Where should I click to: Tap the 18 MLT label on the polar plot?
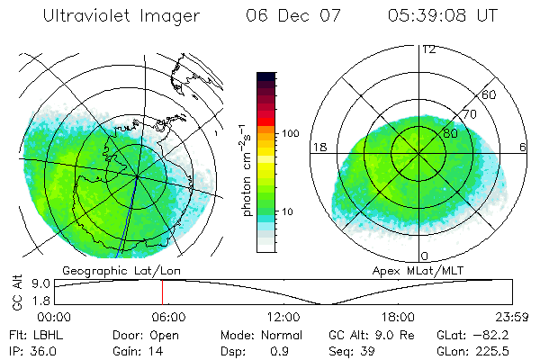(x=319, y=147)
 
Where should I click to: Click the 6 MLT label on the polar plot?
(x=524, y=147)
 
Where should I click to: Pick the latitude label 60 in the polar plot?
(x=490, y=94)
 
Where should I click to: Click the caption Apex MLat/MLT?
(x=421, y=270)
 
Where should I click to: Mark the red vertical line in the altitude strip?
(x=162, y=292)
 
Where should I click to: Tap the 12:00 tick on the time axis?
(x=283, y=317)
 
